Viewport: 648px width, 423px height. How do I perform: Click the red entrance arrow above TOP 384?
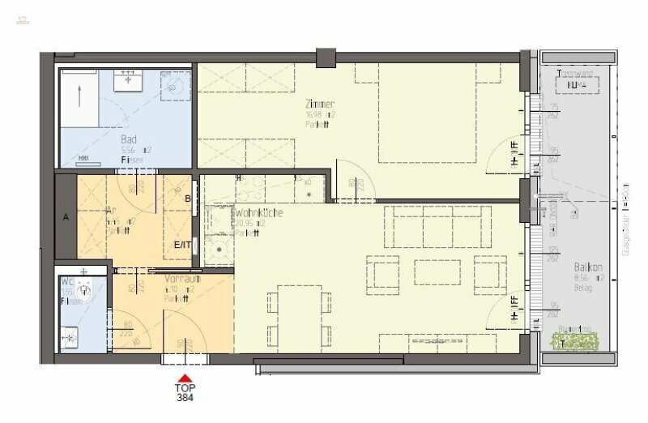pos(185,378)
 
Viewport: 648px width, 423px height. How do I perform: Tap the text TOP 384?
pos(185,392)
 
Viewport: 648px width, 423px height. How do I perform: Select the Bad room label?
pos(129,139)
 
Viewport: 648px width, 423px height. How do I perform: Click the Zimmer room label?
pos(319,105)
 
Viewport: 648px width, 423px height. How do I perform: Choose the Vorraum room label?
pos(181,279)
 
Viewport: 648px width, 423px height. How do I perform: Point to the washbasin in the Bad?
pos(127,82)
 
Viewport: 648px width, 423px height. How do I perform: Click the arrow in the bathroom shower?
pos(79,96)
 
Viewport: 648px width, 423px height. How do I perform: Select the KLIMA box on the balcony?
pos(576,83)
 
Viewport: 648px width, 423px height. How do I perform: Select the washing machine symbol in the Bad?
pos(176,89)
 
